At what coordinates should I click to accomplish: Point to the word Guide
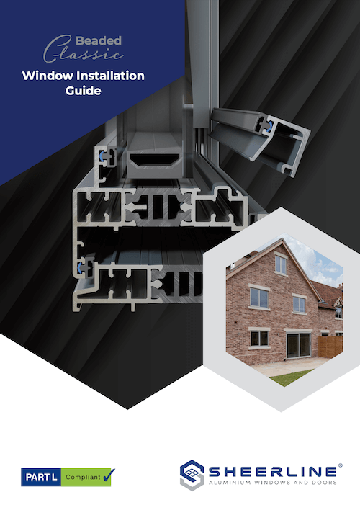point(84,92)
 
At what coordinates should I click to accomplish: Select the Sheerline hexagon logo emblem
point(193,475)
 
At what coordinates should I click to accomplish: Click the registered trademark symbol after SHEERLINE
point(339,465)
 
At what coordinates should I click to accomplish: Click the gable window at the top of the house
point(281,265)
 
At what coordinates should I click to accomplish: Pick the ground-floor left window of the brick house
point(258,337)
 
